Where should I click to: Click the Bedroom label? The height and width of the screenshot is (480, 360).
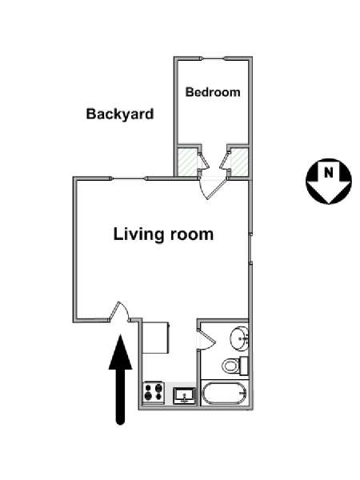point(213,92)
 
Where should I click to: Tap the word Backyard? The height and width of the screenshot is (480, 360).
point(120,114)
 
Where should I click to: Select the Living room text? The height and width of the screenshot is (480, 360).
point(163,234)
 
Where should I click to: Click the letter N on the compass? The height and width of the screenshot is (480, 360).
point(329,173)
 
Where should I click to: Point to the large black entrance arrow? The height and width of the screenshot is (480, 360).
point(121,379)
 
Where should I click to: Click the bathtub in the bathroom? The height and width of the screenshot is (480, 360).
point(224,393)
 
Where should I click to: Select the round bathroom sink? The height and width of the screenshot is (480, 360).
point(239,338)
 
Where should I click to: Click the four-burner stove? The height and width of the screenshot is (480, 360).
point(154,392)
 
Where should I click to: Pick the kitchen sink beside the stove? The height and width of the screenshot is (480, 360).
point(184,396)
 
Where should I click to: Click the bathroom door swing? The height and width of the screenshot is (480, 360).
point(206,339)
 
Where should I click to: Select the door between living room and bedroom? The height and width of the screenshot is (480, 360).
point(212,189)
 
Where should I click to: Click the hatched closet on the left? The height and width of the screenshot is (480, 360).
point(187,162)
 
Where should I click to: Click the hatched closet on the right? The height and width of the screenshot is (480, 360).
point(239,162)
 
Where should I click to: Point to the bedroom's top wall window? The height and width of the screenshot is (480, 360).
point(213,58)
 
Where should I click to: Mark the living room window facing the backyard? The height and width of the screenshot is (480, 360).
point(129,178)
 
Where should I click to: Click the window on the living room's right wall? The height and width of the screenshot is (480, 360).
point(250,249)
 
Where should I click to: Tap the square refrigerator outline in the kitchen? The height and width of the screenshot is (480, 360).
point(156,338)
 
